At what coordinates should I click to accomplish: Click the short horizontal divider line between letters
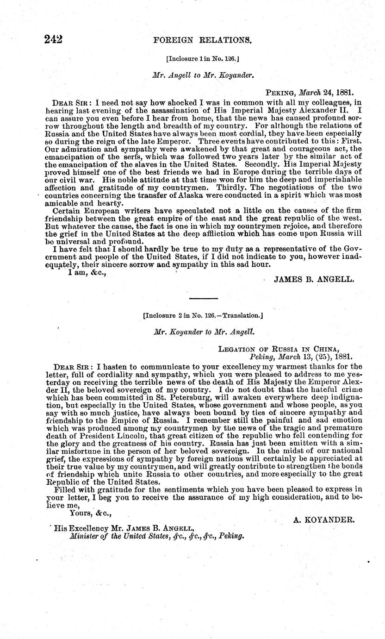pos(203,298)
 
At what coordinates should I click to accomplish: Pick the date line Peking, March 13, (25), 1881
pos(301,357)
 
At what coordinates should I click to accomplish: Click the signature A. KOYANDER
pos(324,520)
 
